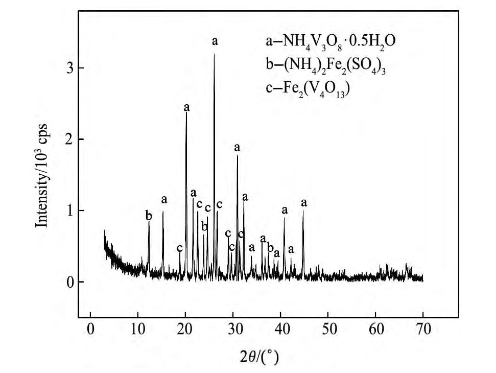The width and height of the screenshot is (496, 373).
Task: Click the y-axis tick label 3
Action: tap(70, 68)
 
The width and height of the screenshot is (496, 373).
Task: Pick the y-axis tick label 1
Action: tap(70, 211)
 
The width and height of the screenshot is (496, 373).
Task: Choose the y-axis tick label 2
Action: tap(70, 139)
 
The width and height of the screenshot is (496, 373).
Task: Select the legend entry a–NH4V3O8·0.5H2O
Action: tap(327, 41)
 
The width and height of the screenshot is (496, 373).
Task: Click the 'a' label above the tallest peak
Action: tap(215, 41)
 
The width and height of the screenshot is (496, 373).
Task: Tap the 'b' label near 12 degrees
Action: tap(149, 216)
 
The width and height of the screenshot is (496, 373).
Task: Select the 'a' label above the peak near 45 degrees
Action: tap(304, 203)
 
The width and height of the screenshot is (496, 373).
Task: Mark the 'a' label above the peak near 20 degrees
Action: tap(187, 108)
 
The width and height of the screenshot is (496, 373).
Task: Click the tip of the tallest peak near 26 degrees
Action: tap(214, 54)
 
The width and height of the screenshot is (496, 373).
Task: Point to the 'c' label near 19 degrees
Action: tap(180, 248)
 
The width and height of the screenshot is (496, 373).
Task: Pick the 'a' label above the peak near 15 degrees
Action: tap(164, 200)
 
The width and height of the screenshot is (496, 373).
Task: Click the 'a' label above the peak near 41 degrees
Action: tap(285, 210)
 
